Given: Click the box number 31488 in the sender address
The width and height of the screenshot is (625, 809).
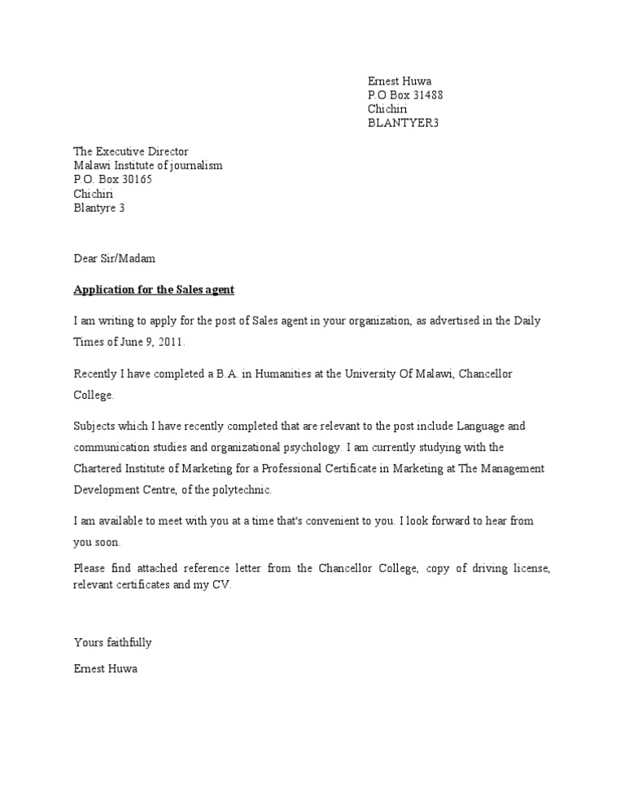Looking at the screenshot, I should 426,95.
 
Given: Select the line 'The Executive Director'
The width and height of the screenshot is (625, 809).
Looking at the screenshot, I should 131,151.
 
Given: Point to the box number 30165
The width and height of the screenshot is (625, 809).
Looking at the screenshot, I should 134,180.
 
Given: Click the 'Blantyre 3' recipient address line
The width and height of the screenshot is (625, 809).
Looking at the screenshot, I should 99,208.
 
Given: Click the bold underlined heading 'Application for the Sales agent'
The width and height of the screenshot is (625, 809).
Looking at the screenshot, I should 154,290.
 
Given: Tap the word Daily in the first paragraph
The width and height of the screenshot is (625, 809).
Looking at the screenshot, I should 527,321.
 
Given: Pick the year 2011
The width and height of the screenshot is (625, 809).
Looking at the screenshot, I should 160,343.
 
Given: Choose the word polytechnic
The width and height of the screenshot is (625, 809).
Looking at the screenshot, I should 243,491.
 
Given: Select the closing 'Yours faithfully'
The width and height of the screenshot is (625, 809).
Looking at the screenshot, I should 112,642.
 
